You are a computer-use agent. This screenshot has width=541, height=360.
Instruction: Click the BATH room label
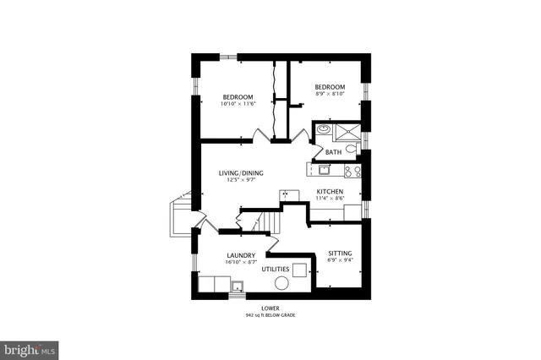click(x=333, y=152)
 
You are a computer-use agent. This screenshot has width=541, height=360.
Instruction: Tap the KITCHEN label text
click(x=330, y=192)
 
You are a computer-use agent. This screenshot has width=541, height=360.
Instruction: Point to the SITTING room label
click(x=341, y=254)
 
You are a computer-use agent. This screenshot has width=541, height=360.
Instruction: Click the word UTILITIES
click(x=276, y=270)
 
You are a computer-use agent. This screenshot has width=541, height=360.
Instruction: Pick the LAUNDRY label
click(x=241, y=255)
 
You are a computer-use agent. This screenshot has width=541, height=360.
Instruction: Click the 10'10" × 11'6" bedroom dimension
click(x=238, y=104)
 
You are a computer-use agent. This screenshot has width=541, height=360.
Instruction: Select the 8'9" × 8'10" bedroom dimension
click(x=330, y=95)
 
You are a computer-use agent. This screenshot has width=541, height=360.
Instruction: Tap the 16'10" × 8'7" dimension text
click(x=241, y=262)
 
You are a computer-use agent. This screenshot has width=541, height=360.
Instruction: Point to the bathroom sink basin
click(x=323, y=131)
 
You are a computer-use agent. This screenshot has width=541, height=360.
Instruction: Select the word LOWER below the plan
click(x=270, y=308)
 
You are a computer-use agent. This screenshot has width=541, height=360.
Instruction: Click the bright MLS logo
click(x=30, y=347)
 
